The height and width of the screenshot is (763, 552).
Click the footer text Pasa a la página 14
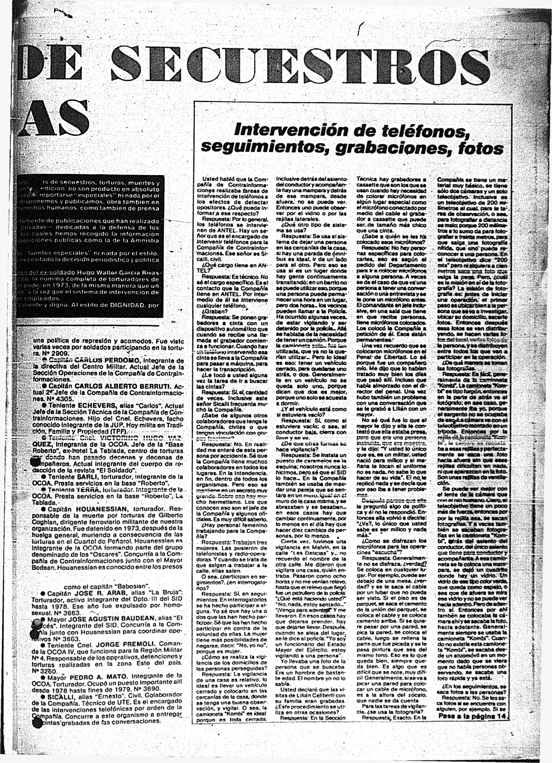click(472, 716)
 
